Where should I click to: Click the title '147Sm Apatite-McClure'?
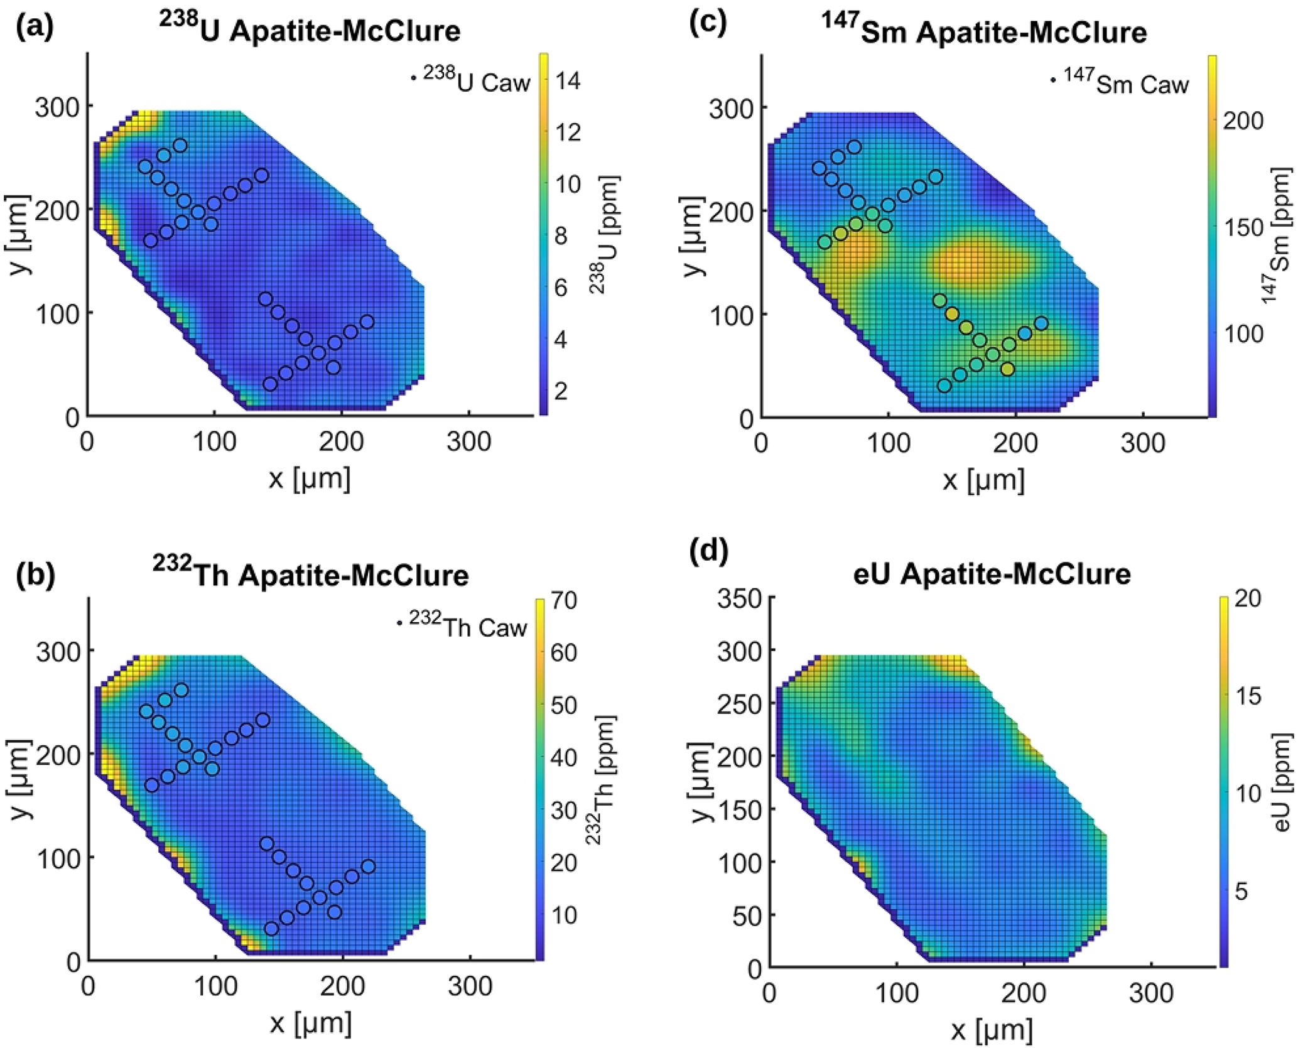[984, 30]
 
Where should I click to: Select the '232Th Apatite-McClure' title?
[310, 573]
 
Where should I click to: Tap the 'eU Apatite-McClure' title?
[992, 573]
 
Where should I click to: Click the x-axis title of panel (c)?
[983, 480]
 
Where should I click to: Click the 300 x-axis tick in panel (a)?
[469, 441]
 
